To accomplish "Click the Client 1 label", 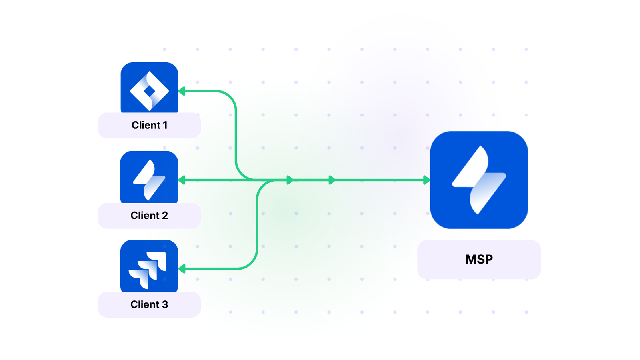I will (149, 125).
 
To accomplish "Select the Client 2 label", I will (149, 216).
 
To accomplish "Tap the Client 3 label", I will (149, 304).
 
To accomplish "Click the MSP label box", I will (479, 260).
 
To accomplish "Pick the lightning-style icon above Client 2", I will (149, 179).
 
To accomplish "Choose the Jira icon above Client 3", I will (149, 267).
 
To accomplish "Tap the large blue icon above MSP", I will (479, 180).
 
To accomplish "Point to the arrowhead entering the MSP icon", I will (426, 180).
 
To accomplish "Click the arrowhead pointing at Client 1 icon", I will (182, 91).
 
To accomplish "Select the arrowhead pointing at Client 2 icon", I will (182, 180).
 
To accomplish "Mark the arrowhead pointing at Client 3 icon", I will (182, 269).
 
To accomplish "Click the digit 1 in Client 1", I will (165, 125).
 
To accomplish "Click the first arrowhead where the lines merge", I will (290, 180).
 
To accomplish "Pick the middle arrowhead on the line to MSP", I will (332, 180).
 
